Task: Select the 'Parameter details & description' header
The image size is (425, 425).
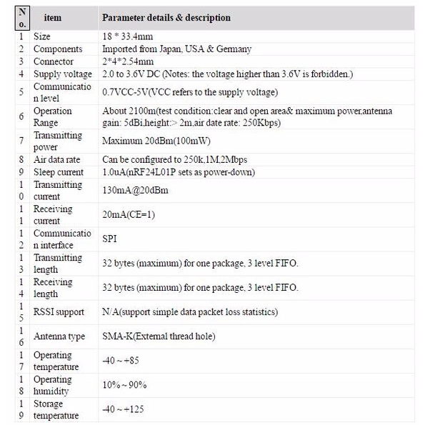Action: (x=166, y=17)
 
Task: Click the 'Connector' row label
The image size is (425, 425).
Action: (x=53, y=61)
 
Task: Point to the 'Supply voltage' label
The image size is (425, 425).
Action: (x=62, y=74)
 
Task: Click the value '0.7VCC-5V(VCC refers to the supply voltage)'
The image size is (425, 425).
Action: (x=190, y=92)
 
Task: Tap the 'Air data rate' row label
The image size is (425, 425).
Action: (x=59, y=159)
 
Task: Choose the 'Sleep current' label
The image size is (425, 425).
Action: (x=59, y=172)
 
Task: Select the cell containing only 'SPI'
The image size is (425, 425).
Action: (x=109, y=239)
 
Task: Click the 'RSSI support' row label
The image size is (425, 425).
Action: (x=59, y=311)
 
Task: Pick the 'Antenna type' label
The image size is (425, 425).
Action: (x=59, y=336)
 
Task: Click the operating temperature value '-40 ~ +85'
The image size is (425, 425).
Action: (x=119, y=361)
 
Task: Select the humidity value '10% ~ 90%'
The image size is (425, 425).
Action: (x=124, y=385)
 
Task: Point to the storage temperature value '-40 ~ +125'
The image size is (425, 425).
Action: (x=122, y=409)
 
